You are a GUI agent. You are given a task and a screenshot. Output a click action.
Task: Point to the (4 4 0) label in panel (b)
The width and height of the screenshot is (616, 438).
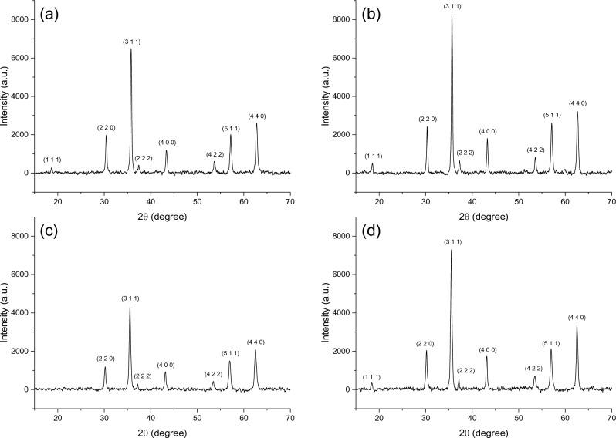point(577,103)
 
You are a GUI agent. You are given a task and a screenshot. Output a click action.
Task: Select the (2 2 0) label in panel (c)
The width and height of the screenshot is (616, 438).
point(106,358)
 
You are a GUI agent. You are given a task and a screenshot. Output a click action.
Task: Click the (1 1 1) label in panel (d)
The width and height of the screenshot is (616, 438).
point(372,377)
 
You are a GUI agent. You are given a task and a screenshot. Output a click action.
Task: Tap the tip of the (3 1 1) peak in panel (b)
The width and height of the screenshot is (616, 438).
point(452,14)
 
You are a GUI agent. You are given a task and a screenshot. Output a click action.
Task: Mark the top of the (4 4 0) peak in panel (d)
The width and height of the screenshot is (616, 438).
point(577,325)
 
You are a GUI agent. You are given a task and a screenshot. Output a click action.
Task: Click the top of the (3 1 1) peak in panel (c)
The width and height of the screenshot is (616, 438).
point(130,307)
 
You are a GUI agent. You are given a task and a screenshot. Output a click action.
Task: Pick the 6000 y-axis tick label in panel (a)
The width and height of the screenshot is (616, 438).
point(22,58)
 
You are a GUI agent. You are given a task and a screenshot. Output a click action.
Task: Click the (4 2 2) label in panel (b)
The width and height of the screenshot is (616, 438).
point(536,150)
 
